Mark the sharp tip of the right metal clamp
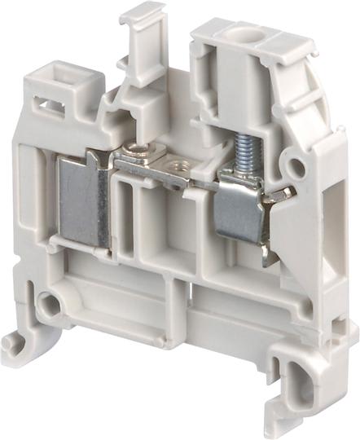click(291, 192)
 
